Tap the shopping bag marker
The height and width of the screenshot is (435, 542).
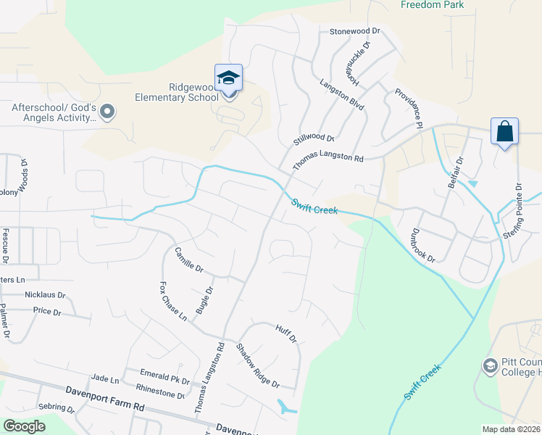coord(504,132)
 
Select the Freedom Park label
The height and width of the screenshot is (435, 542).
coord(432,5)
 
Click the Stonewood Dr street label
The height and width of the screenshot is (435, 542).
coord(355,32)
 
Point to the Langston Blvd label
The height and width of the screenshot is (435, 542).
coord(342,95)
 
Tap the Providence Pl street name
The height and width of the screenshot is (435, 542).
coord(409,109)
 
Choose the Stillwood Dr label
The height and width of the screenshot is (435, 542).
coord(314,138)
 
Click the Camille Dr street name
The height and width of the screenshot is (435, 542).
coord(188,260)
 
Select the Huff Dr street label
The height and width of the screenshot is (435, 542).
coord(286,333)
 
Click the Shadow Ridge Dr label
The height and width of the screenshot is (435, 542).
coord(257,365)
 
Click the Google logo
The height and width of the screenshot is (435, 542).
coord(25,426)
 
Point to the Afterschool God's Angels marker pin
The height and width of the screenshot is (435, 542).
coord(108,112)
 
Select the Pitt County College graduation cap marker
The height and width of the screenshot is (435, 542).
coord(490,367)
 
